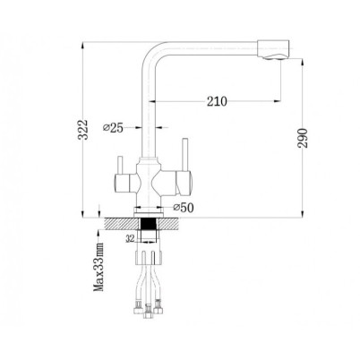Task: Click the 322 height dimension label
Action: coord(82,130)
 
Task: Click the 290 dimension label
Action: coord(303,138)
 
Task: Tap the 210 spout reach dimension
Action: coord(217,101)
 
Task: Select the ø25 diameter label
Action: coord(113,128)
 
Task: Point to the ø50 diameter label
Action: coord(184,208)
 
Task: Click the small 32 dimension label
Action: coord(131,238)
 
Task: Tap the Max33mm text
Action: coord(99,267)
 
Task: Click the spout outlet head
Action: coord(273,49)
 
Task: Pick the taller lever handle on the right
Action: coord(185,154)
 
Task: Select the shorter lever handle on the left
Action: coord(120,165)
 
